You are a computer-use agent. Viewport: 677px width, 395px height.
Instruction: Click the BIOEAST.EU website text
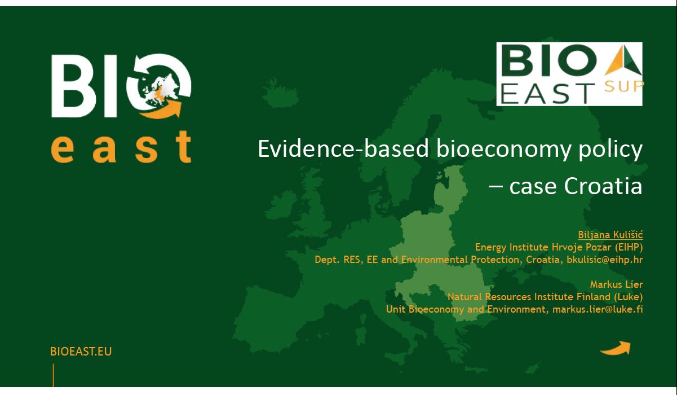[81, 352]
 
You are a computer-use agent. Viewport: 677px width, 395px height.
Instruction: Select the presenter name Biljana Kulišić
[610, 235]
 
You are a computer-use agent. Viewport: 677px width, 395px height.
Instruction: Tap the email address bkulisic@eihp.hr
[604, 260]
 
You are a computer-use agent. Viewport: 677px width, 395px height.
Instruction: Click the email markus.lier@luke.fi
[598, 309]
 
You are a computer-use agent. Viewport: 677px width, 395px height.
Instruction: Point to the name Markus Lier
[616, 284]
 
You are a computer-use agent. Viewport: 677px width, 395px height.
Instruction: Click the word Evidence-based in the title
[344, 149]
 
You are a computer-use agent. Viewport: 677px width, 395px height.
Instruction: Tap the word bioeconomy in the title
[504, 150]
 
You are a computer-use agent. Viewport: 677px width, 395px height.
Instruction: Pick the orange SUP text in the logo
[624, 87]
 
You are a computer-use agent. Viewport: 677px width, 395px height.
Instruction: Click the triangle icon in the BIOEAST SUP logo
[623, 60]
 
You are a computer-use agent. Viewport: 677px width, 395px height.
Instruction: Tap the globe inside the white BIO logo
[158, 89]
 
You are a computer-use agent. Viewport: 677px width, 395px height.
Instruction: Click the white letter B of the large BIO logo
[72, 86]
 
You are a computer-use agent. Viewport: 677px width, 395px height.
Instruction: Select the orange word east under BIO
[121, 147]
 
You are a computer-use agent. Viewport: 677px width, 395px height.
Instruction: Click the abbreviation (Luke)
[629, 297]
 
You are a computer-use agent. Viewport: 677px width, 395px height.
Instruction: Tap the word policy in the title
[610, 150]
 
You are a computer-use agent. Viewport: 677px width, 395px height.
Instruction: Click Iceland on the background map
[280, 92]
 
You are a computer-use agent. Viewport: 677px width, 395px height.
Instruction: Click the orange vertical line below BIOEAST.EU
[54, 375]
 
